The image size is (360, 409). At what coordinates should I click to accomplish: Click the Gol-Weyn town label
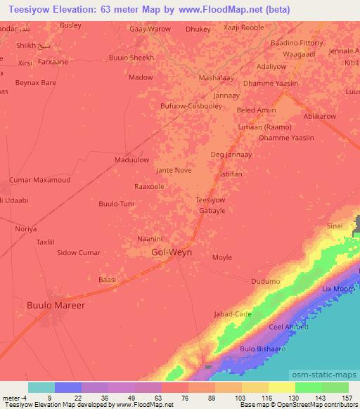(172, 252)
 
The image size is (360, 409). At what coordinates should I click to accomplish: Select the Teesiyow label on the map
(210, 200)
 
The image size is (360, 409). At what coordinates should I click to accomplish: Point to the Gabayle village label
(212, 210)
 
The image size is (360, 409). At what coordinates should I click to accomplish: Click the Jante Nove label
(174, 170)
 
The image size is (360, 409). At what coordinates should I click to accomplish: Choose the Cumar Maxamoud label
(39, 180)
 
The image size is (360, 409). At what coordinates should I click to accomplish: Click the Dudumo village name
(266, 281)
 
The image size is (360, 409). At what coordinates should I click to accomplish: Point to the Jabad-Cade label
(232, 314)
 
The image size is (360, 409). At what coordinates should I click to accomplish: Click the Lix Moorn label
(338, 289)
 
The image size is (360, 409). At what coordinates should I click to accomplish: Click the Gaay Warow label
(150, 30)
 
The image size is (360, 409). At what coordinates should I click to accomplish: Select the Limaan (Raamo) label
(266, 127)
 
